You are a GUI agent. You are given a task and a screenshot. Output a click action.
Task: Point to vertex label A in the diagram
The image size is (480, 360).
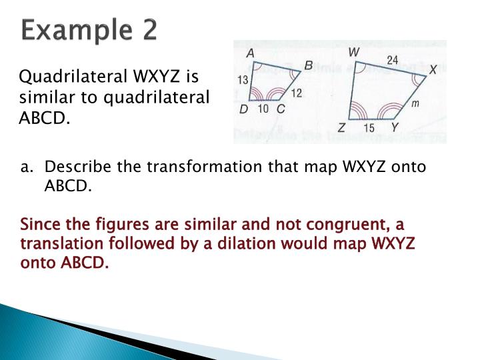coord(250,53)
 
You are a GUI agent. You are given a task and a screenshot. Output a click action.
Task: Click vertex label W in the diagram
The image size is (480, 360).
coord(355,52)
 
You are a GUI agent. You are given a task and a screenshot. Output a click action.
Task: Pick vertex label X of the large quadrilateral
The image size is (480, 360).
coord(433,69)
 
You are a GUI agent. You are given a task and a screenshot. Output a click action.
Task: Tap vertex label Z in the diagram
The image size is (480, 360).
coord(341,127)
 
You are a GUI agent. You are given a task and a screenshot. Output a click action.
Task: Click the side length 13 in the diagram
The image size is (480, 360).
coord(243,81)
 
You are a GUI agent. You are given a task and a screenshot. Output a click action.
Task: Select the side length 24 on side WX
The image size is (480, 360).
coord(393,61)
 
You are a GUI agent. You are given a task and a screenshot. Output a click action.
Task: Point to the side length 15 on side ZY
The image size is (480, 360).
coord(369,127)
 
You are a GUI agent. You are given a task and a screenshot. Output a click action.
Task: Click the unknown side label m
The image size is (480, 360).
coord(415,104)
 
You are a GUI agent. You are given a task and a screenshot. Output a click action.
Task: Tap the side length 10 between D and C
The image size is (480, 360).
coord(263,109)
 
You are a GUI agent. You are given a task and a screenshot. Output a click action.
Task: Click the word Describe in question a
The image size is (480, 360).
coord(75,166)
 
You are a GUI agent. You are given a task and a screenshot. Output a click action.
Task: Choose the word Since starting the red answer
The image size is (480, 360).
coord(40,224)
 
